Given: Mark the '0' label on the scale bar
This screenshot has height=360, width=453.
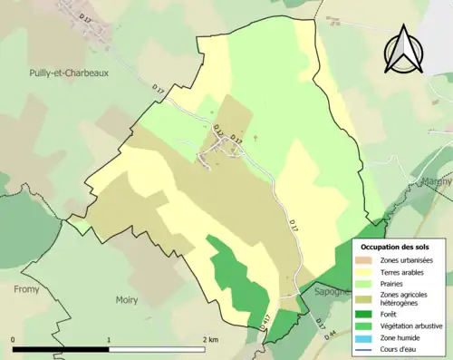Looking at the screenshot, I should [x=14, y=340].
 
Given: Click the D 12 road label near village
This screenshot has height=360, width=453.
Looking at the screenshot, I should [x=217, y=135].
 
